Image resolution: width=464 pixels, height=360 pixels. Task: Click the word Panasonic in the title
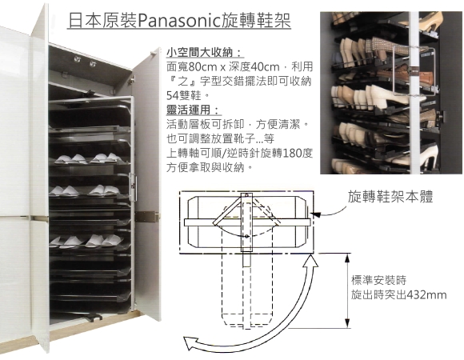pyautogui.click(x=177, y=21)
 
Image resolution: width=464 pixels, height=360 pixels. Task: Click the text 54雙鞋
pyautogui.click(x=186, y=95)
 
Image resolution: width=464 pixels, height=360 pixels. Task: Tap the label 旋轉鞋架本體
pyautogui.click(x=390, y=196)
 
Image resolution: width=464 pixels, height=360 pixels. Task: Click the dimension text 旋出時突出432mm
pyautogui.click(x=398, y=295)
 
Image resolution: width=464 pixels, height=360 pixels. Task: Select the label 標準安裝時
pyautogui.click(x=378, y=280)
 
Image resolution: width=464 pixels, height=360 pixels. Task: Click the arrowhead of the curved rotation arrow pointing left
pyautogui.click(x=190, y=343)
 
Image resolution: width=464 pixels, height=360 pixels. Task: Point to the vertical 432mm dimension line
pyautogui.click(x=347, y=290)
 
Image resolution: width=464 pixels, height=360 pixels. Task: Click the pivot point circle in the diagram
pyautogui.click(x=246, y=236)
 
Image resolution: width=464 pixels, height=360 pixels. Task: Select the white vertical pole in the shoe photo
pyautogui.click(x=414, y=92)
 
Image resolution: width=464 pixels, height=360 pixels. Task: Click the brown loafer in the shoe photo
pyautogui.click(x=413, y=78)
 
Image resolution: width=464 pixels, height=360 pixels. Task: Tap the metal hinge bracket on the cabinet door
pyautogui.click(x=146, y=216)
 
